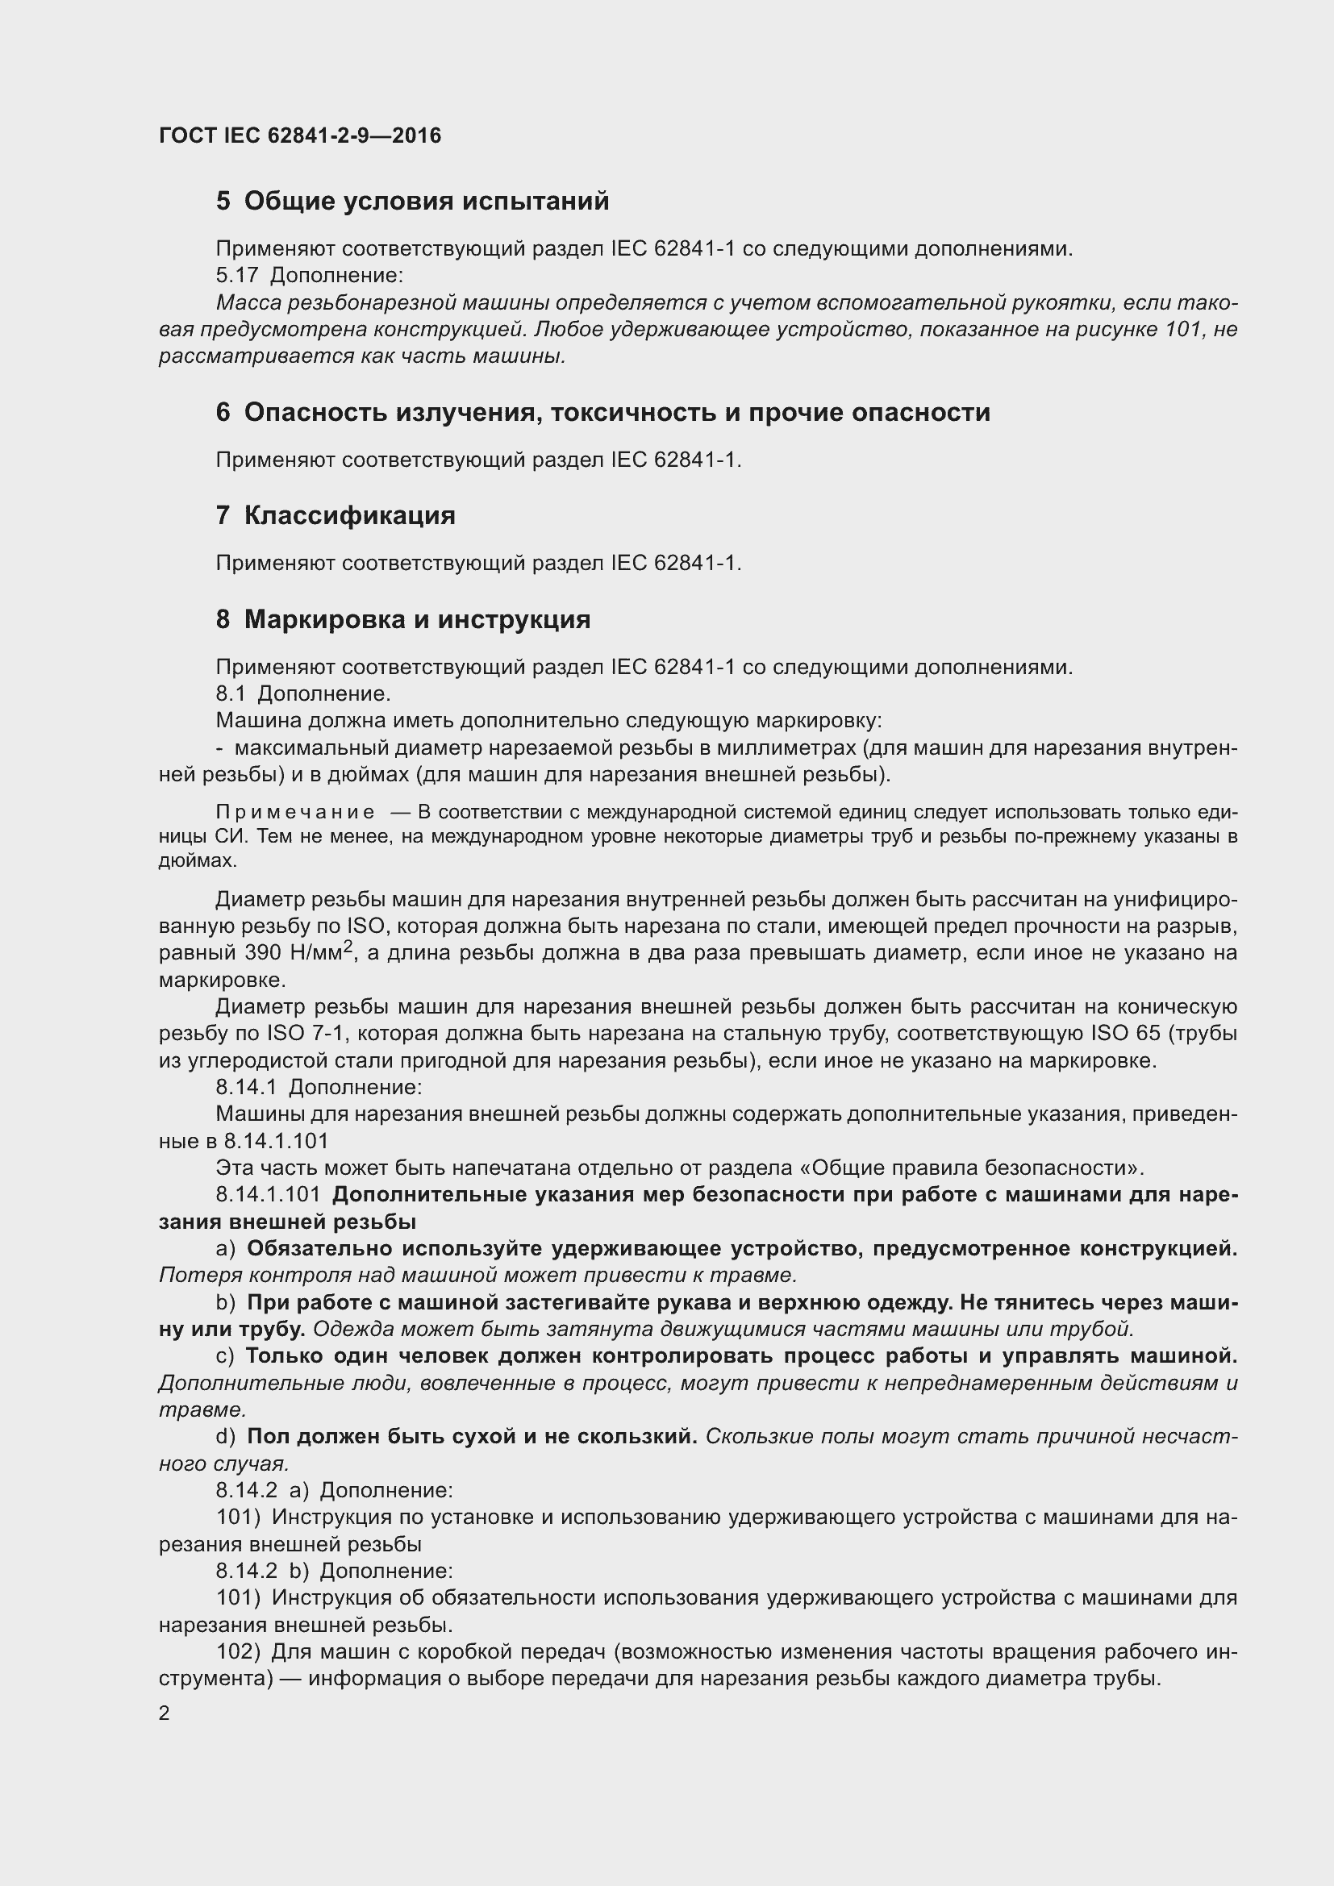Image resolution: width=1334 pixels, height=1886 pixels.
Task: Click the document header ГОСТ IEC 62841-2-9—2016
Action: point(300,135)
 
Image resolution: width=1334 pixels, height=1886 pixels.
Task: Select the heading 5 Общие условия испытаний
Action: point(412,201)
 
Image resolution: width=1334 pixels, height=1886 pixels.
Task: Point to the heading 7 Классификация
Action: point(336,516)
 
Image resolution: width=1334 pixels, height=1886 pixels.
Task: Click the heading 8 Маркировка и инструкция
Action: point(402,618)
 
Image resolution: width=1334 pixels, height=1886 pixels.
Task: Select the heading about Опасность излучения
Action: point(602,411)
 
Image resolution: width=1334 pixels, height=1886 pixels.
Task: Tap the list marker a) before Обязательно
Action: point(225,1248)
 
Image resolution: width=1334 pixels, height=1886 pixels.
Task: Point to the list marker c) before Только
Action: point(224,1355)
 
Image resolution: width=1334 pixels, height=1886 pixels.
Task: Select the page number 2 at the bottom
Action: point(165,1713)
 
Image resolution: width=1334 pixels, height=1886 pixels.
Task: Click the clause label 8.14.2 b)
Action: point(262,1571)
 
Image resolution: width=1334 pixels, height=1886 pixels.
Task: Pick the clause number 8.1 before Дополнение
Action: point(230,694)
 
